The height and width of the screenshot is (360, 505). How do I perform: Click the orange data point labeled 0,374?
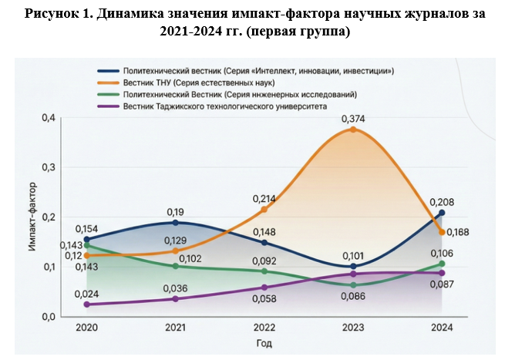(x=352, y=130)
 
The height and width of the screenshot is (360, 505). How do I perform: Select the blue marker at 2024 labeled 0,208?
(x=442, y=213)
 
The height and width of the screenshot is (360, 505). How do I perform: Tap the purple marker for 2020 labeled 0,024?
(x=86, y=304)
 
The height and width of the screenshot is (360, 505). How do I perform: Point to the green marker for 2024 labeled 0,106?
(x=442, y=264)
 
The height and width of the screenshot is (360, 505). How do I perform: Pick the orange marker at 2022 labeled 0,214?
(x=264, y=210)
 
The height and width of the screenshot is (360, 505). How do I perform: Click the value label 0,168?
(x=458, y=232)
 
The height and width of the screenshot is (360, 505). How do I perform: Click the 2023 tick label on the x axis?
(x=352, y=327)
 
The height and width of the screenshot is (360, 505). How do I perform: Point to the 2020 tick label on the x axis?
(x=86, y=327)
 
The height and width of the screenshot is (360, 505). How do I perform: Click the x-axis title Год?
(x=264, y=343)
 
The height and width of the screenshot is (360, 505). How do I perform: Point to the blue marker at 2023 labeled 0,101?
(x=352, y=266)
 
